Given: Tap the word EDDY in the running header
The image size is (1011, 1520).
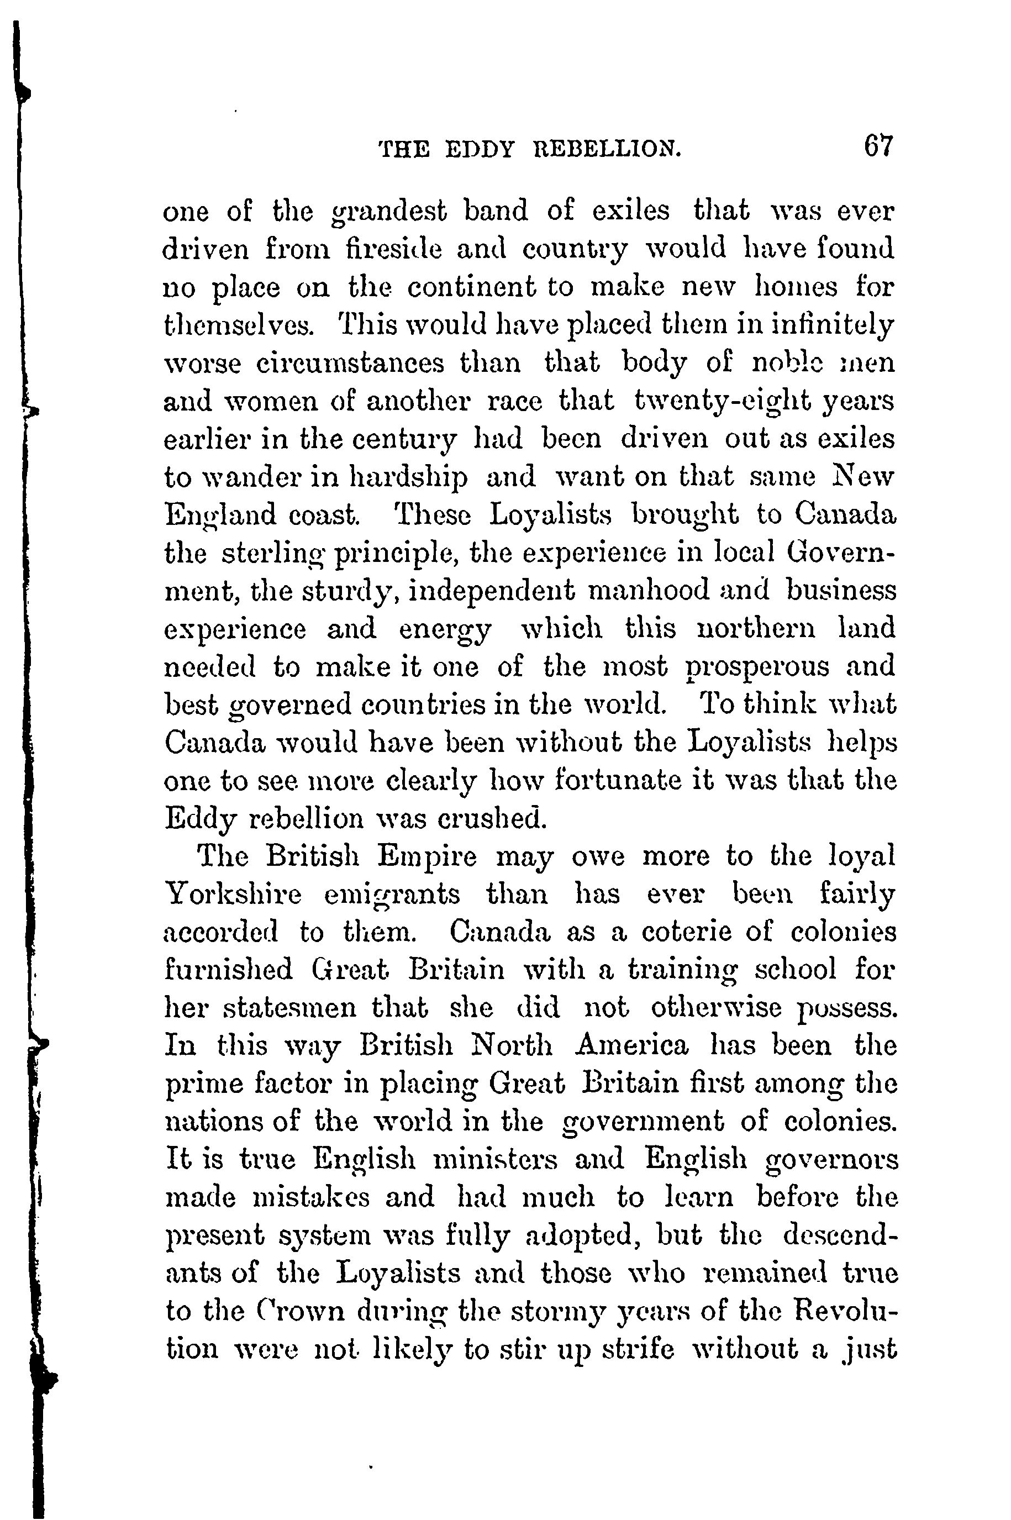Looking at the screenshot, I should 480,150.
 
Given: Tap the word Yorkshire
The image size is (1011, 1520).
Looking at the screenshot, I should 233,895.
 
